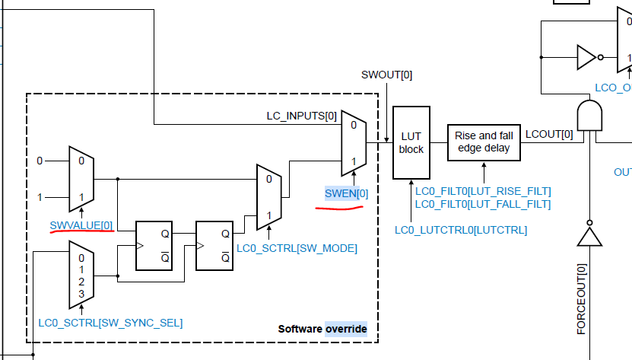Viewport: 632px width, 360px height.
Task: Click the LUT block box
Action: coord(411,143)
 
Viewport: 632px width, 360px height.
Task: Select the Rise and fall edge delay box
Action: coord(484,142)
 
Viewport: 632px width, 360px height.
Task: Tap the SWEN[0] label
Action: coord(346,194)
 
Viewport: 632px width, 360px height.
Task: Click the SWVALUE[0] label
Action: coord(81,225)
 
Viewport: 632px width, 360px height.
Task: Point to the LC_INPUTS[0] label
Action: coord(301,116)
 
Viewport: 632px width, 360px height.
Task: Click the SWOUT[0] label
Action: coord(387,75)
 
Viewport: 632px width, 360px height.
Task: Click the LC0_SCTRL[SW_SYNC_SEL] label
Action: coord(110,322)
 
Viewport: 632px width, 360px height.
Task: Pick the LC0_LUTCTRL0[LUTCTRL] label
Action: coord(461,229)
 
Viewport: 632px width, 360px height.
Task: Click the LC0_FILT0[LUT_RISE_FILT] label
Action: coord(483,190)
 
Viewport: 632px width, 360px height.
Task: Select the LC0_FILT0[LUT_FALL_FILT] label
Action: coord(483,204)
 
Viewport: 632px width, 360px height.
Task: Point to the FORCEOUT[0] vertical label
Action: coord(582,299)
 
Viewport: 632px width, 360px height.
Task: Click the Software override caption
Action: coord(322,329)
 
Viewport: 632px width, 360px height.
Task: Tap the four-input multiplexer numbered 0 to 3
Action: coord(81,275)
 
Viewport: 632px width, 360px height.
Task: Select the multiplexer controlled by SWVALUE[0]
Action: coord(81,180)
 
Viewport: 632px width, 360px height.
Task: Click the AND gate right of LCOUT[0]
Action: coord(589,116)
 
